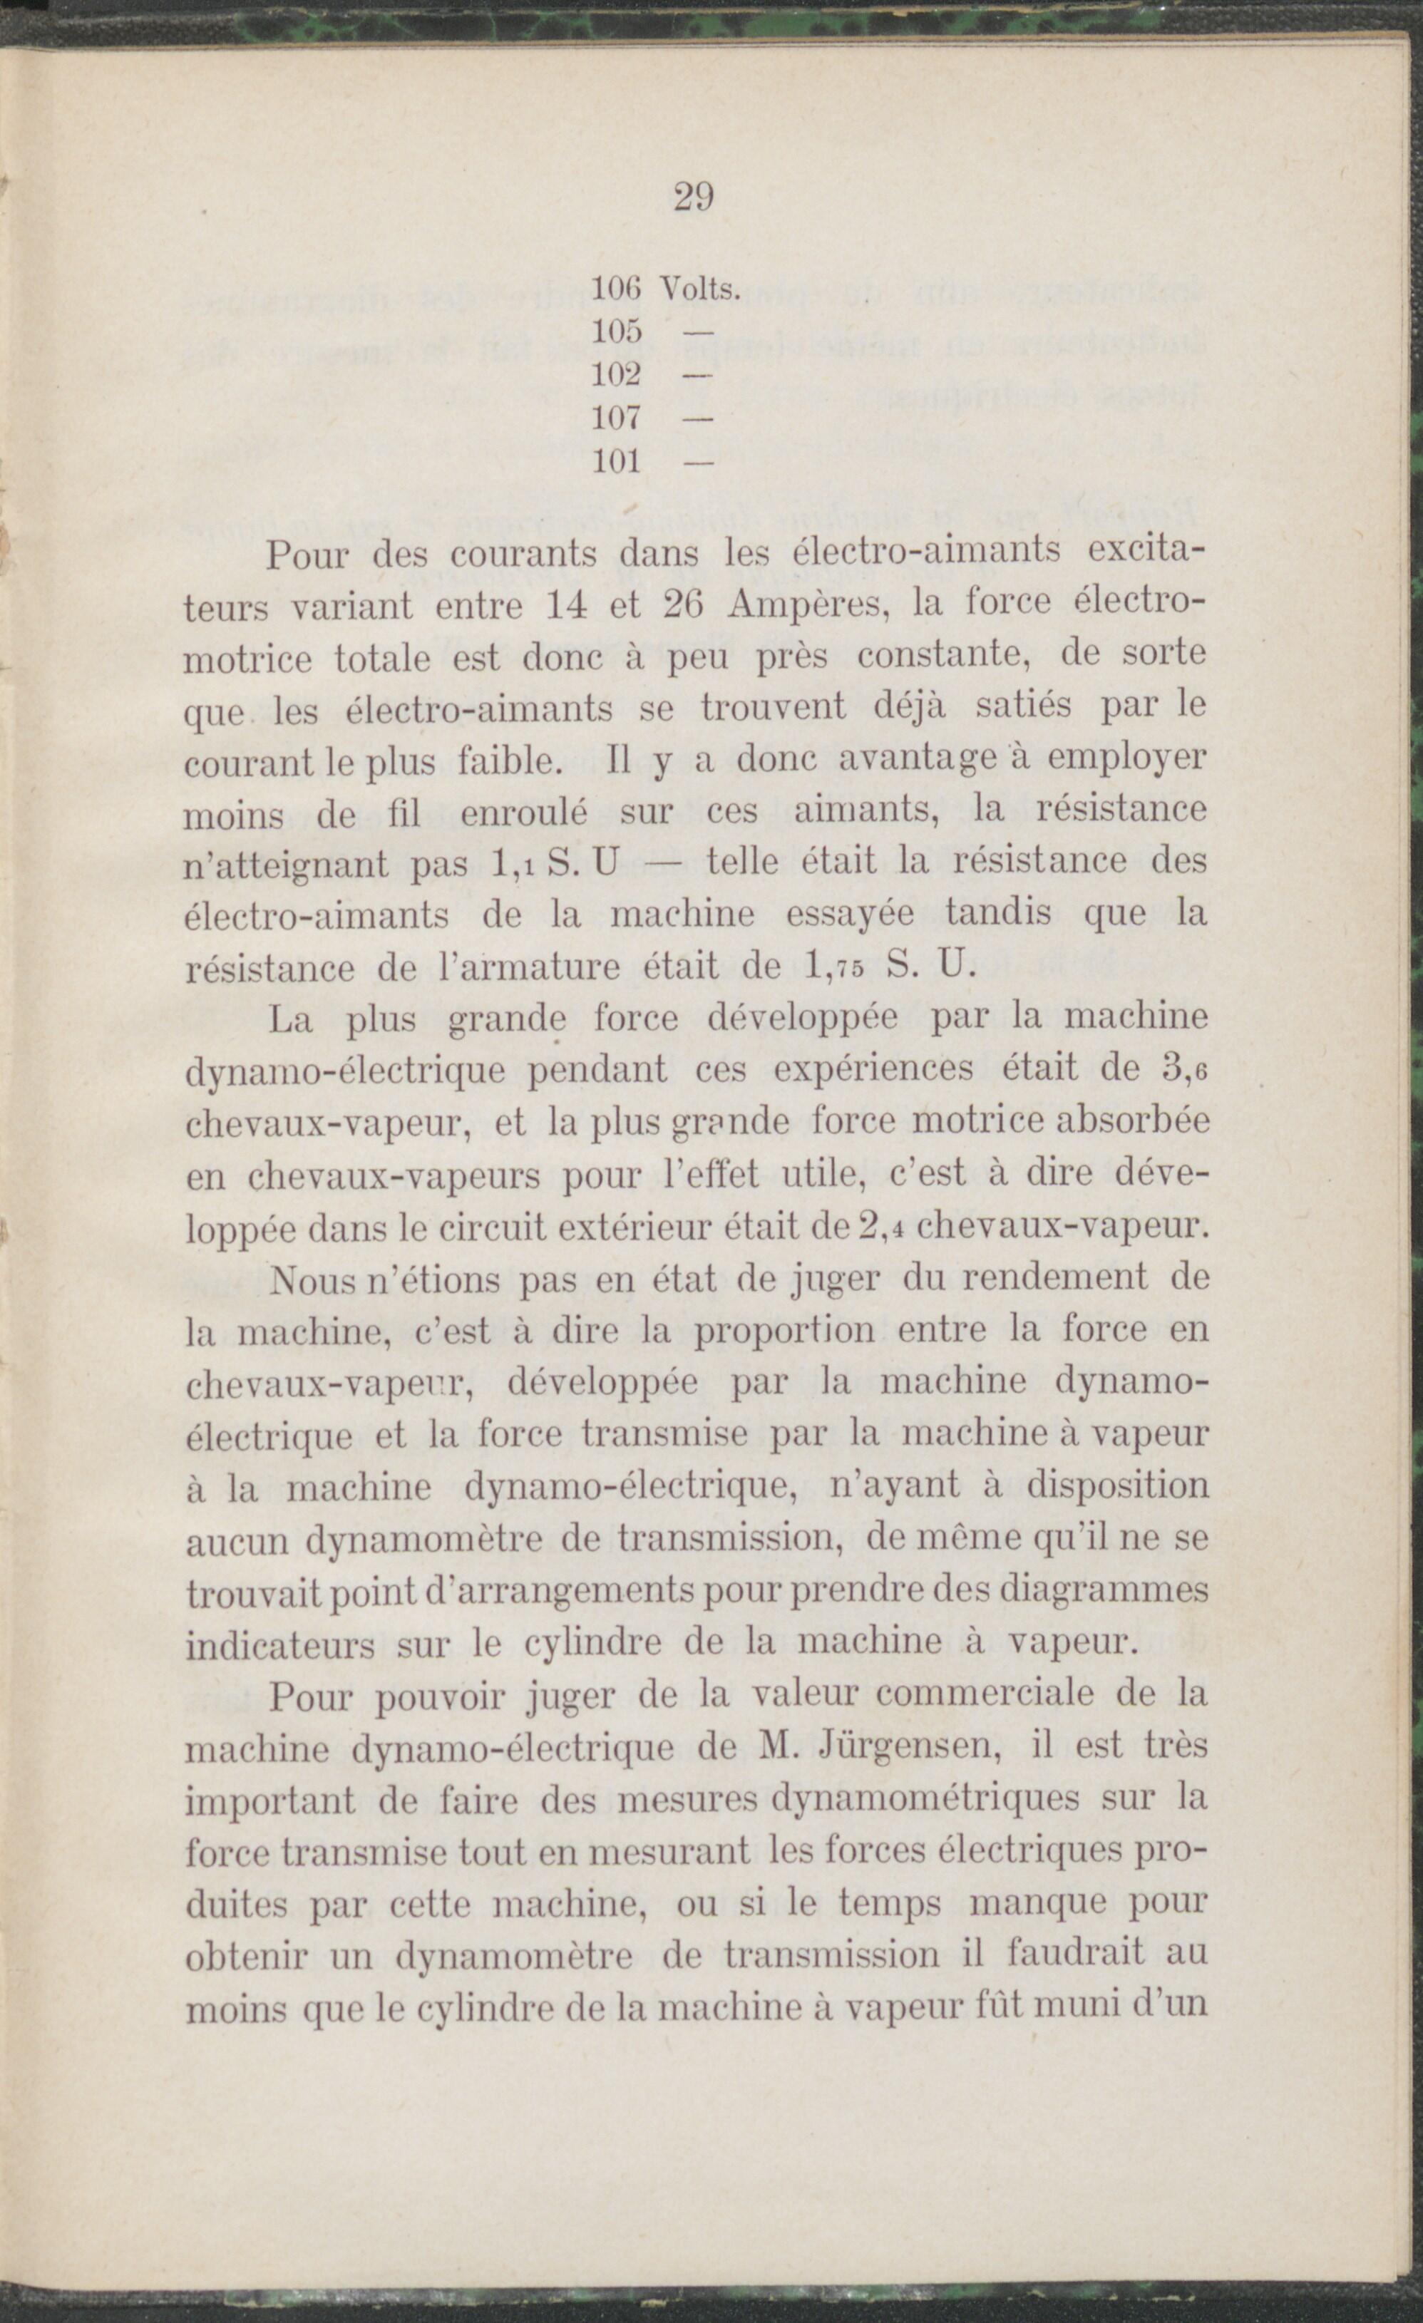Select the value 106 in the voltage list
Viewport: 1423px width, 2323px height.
(616, 289)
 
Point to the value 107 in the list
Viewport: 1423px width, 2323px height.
(616, 417)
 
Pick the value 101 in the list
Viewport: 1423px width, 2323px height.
(616, 461)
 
